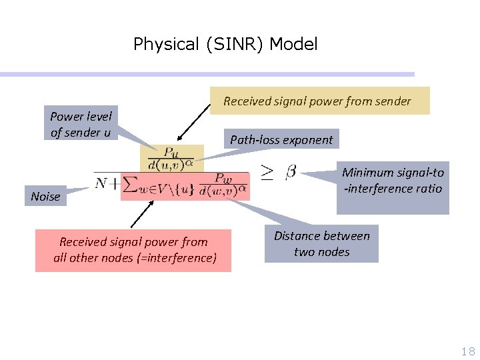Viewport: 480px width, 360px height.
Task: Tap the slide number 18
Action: [468, 351]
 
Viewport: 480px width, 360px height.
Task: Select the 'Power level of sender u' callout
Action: [81, 124]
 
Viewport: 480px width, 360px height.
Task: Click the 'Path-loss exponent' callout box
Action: [281, 139]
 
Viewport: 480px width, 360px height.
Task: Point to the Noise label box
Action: [45, 196]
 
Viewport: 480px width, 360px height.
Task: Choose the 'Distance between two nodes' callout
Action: [321, 243]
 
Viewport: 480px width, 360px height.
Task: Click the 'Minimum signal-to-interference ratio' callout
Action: [393, 187]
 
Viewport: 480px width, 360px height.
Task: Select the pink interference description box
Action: [133, 250]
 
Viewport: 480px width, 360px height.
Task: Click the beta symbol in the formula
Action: [291, 173]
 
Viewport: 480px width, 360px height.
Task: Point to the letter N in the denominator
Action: [102, 182]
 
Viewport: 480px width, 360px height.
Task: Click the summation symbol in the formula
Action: [131, 184]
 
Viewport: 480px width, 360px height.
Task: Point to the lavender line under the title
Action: [207, 74]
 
